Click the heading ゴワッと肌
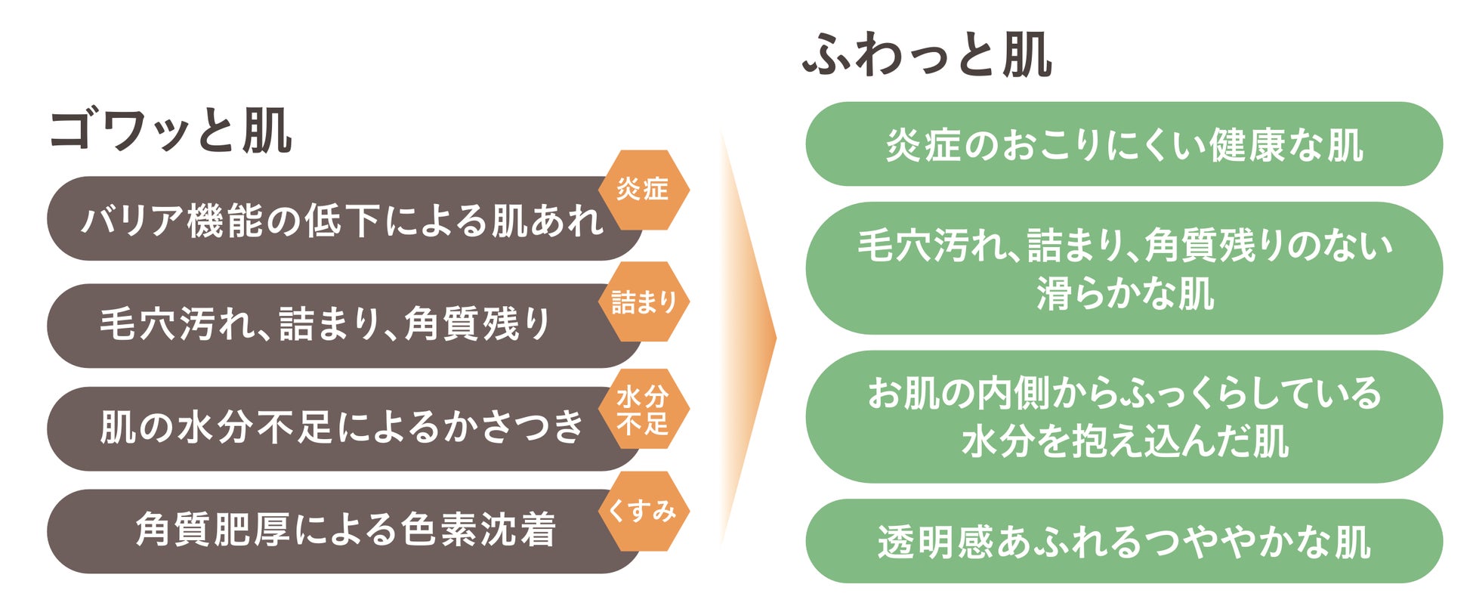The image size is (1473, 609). pyautogui.click(x=171, y=132)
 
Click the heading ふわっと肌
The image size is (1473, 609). pyautogui.click(x=927, y=55)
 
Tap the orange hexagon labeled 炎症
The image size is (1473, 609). pyautogui.click(x=644, y=190)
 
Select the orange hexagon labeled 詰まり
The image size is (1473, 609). pyautogui.click(x=644, y=302)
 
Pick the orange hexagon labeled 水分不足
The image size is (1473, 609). pyautogui.click(x=644, y=410)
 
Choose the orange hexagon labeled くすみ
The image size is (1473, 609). pyautogui.click(x=644, y=512)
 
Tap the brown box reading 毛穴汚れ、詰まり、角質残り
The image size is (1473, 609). pyautogui.click(x=325, y=325)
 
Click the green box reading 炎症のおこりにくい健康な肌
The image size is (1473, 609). pyautogui.click(x=1124, y=144)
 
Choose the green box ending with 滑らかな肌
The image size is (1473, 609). pyautogui.click(x=1124, y=268)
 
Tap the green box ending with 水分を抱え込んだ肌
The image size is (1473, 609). pyautogui.click(x=1124, y=416)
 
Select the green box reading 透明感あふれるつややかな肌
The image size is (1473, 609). pyautogui.click(x=1124, y=541)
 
